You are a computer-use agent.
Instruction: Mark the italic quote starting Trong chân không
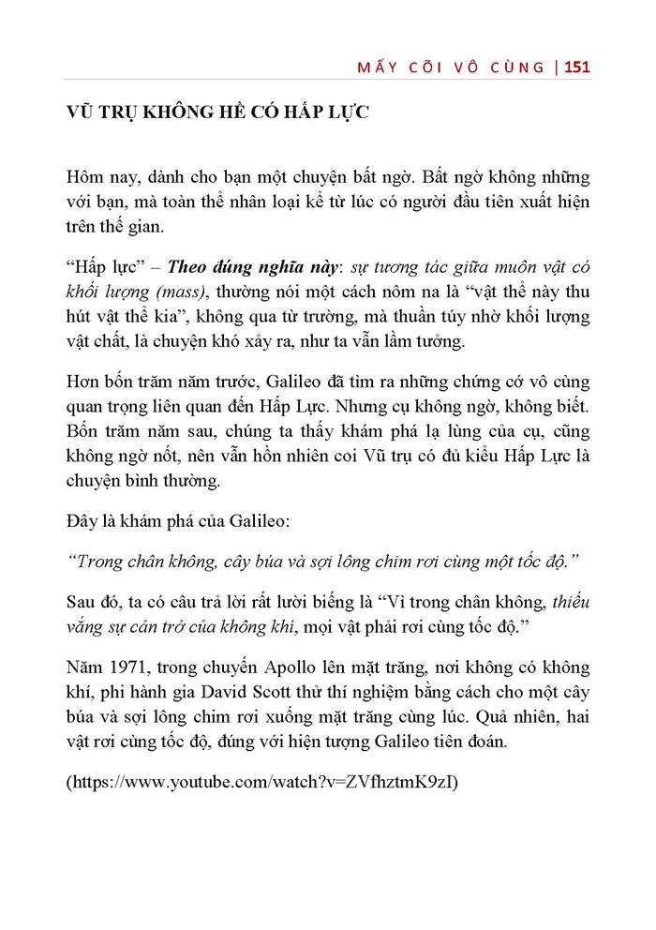(324, 560)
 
